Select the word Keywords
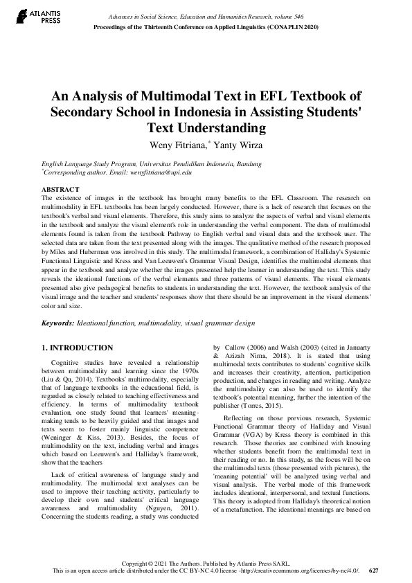pos(57,323)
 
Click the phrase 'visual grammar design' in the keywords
pos(218,323)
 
